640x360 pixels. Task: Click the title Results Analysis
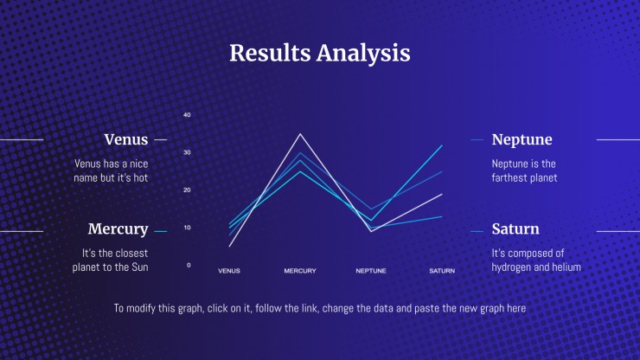[320, 54]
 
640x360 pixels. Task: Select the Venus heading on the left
[125, 139]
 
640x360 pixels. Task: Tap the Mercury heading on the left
[118, 229]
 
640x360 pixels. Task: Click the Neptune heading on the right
[522, 139]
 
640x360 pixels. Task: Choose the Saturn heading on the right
[515, 228]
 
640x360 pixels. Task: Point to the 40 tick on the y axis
[187, 115]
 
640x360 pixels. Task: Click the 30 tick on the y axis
[187, 152]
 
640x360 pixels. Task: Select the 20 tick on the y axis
[187, 190]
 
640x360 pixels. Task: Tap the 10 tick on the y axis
[187, 228]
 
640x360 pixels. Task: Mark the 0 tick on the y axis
[189, 265]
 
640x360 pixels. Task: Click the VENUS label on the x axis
[229, 271]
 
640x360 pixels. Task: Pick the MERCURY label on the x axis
[300, 271]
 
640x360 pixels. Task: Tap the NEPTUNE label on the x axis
[371, 271]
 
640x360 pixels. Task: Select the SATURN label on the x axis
[442, 271]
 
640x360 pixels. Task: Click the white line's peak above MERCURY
[300, 134]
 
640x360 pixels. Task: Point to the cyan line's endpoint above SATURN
[442, 145]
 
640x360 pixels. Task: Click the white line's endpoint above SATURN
[442, 194]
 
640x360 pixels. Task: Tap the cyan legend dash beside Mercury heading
[160, 232]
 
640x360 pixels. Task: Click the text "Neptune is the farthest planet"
[524, 170]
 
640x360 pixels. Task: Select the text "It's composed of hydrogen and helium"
[536, 260]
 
